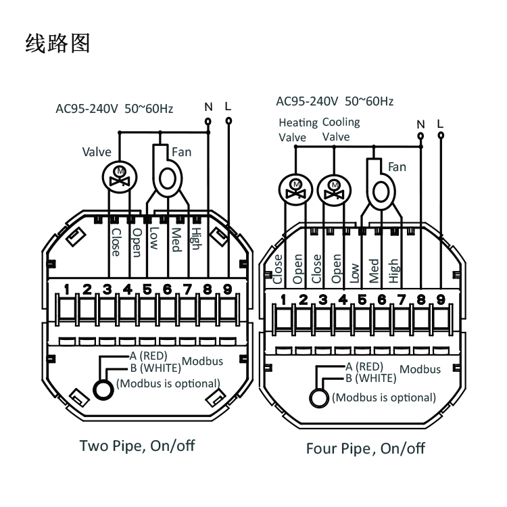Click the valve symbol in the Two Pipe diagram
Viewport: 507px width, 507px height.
coord(120,178)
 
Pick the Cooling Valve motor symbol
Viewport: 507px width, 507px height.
coord(332,187)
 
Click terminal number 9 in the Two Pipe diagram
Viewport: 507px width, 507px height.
coord(227,289)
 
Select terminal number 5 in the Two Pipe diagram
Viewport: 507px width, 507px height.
coord(147,289)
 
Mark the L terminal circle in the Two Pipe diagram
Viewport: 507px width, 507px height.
coord(228,120)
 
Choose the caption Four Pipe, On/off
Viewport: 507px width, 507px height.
coord(366,449)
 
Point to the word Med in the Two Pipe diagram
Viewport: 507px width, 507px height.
coord(175,239)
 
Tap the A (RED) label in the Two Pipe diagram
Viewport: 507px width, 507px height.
coord(143,356)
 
